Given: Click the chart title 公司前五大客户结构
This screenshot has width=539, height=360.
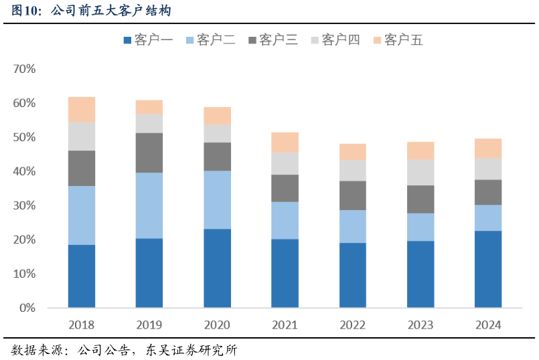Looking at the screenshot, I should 110,11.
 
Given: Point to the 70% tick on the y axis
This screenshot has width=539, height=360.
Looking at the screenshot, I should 24,69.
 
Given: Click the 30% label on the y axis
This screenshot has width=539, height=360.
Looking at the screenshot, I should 24,205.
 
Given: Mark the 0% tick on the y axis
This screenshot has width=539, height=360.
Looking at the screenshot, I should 27,308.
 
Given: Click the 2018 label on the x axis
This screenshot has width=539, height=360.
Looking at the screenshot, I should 82,325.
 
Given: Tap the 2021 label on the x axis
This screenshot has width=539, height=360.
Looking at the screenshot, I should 285,325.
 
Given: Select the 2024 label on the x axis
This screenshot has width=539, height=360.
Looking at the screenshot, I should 488,325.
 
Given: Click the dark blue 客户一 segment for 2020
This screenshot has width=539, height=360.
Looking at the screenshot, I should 217,268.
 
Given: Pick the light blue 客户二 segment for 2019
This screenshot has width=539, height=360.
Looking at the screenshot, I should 149,205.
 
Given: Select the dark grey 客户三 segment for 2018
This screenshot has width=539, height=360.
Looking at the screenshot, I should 82,168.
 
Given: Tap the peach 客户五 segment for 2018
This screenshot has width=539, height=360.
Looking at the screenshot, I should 82,109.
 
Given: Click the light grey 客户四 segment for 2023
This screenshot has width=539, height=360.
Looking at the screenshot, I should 420,172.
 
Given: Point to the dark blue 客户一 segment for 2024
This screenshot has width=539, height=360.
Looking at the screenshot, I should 488,269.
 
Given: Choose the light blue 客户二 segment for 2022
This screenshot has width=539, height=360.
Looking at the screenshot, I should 353,226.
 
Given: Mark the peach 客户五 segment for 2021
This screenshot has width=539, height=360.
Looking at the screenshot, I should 285,142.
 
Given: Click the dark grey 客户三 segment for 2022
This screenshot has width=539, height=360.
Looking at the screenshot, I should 353,195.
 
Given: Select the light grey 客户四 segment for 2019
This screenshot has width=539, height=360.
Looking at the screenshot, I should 149,123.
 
